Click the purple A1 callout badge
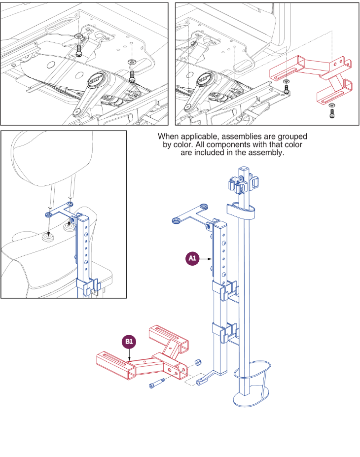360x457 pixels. [x=192, y=259]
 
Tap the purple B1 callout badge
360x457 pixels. [x=129, y=341]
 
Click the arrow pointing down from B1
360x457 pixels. [x=129, y=356]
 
